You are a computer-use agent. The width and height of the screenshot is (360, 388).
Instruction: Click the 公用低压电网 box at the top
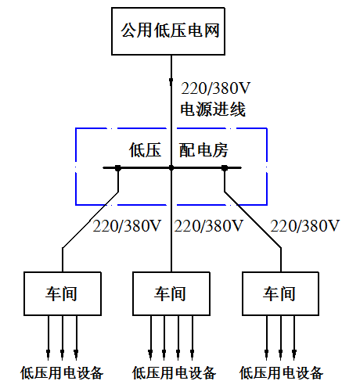coord(168,32)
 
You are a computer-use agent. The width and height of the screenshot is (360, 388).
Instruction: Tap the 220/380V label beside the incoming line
coord(216,87)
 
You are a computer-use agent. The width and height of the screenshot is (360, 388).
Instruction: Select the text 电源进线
coord(213,110)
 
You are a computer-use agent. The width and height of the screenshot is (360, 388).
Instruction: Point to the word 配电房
coord(203,149)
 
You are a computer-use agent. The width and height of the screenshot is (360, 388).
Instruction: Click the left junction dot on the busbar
coord(118,167)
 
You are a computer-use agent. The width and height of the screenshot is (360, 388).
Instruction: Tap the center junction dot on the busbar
coord(171,167)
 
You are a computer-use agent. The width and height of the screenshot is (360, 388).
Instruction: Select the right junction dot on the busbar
coord(225,167)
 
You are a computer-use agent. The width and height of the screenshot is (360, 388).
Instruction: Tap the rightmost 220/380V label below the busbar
coord(305,227)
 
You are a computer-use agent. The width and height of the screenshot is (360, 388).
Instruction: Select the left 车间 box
coord(62,293)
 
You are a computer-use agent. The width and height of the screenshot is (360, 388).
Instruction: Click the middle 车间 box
coord(171,293)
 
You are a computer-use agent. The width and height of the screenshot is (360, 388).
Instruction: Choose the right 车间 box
coord(280,293)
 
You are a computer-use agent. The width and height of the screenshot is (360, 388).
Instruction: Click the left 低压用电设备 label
coord(62,372)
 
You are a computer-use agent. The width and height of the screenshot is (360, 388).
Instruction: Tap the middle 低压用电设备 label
coord(174,372)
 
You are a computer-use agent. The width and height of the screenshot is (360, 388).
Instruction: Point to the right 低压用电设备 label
coord(281,372)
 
